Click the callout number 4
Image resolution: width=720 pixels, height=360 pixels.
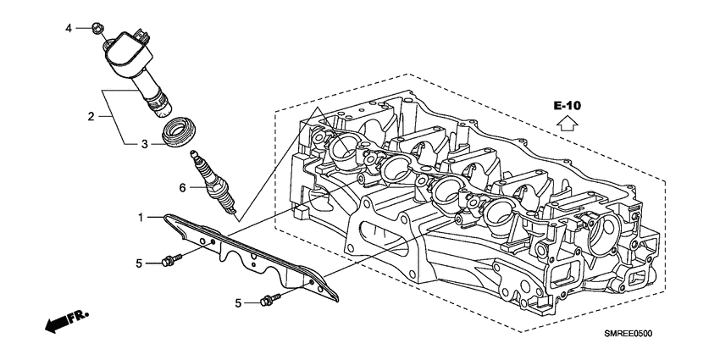(x=70, y=29)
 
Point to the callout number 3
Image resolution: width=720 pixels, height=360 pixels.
(x=144, y=145)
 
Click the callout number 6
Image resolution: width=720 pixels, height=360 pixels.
(x=182, y=187)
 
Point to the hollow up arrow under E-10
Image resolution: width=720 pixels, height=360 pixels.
(x=568, y=124)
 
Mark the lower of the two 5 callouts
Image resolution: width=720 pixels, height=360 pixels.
(x=240, y=302)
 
